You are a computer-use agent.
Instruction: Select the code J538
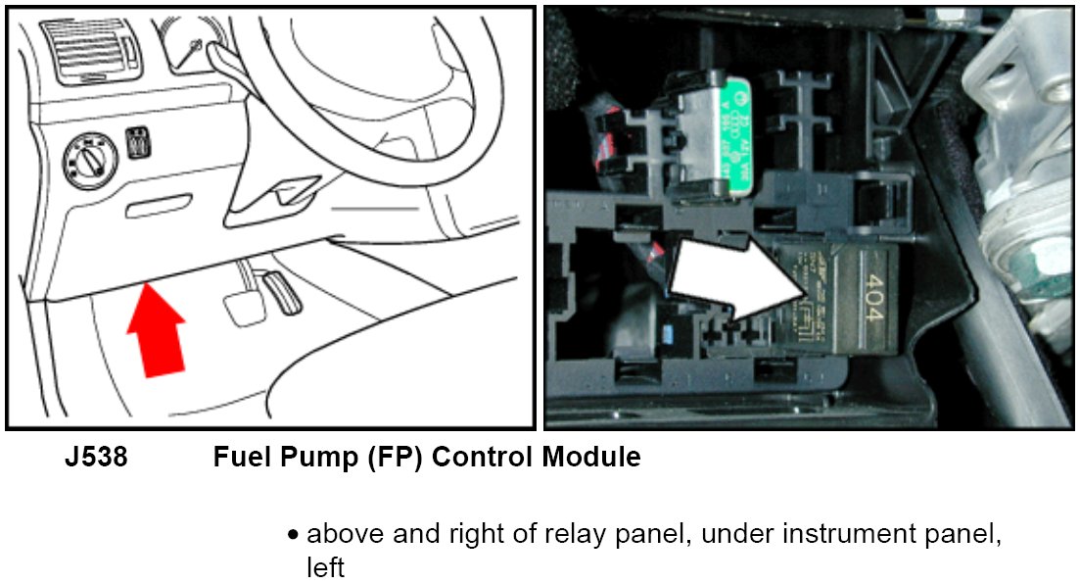pos(96,457)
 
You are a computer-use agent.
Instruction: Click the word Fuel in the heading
pos(239,457)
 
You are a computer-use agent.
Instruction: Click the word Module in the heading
pos(593,457)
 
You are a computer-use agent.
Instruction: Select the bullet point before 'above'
pos(293,535)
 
